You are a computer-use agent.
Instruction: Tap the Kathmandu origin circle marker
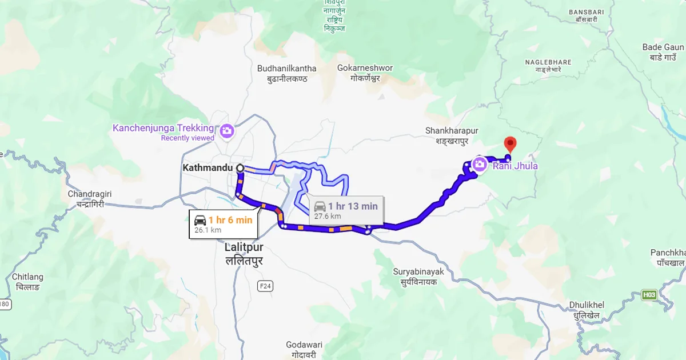(240, 168)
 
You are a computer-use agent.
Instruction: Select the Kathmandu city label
(208, 168)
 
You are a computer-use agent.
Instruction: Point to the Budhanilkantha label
(286, 69)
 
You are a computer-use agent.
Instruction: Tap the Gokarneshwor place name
(365, 68)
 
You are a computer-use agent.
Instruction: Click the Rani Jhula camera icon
(480, 165)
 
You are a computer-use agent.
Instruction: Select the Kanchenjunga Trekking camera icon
(227, 131)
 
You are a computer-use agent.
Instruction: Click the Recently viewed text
(188, 138)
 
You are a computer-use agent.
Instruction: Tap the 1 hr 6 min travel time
(230, 220)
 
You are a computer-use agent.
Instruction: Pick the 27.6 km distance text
(328, 216)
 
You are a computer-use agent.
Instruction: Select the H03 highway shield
(649, 295)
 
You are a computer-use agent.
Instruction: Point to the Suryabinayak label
(418, 271)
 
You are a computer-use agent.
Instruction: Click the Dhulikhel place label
(587, 305)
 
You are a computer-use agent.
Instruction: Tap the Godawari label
(305, 345)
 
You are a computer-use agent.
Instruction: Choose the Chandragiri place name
(89, 194)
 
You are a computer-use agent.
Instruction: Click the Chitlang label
(27, 277)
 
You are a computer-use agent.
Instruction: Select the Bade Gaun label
(663, 47)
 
